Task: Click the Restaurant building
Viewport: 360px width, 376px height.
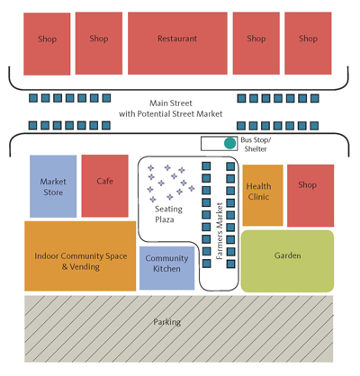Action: click(177, 43)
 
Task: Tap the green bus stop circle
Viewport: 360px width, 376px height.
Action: click(230, 143)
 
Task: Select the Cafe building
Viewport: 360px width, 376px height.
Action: click(105, 186)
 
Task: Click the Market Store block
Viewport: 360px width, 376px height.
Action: click(53, 186)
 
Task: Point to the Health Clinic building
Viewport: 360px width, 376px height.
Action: click(263, 195)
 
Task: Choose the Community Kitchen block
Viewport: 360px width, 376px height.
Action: click(167, 268)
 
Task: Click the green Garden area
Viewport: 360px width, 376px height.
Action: click(287, 261)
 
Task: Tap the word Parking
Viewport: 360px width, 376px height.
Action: click(167, 322)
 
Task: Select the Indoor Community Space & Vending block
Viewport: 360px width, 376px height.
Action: click(80, 256)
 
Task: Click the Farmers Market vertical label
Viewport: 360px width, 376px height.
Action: click(220, 231)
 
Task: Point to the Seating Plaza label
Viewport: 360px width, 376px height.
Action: click(168, 214)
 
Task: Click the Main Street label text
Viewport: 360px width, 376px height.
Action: click(171, 103)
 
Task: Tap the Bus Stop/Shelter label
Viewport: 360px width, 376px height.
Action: click(256, 144)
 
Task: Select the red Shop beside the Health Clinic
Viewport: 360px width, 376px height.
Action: click(310, 195)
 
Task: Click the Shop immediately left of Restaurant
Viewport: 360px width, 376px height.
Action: click(99, 43)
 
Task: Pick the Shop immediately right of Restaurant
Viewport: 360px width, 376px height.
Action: click(256, 43)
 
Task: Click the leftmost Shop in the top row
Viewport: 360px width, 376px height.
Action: click(47, 44)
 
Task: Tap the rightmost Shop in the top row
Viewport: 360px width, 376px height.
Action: click(308, 43)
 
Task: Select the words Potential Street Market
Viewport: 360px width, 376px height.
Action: click(180, 114)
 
